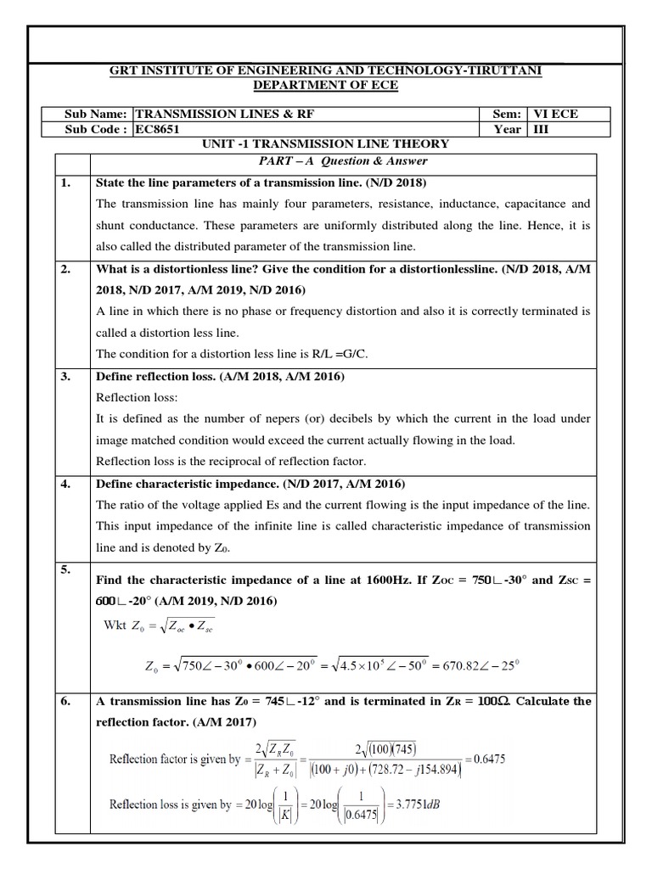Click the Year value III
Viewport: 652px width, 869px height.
click(542, 130)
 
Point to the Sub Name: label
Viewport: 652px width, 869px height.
click(95, 114)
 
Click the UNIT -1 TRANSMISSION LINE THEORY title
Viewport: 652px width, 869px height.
click(326, 144)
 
